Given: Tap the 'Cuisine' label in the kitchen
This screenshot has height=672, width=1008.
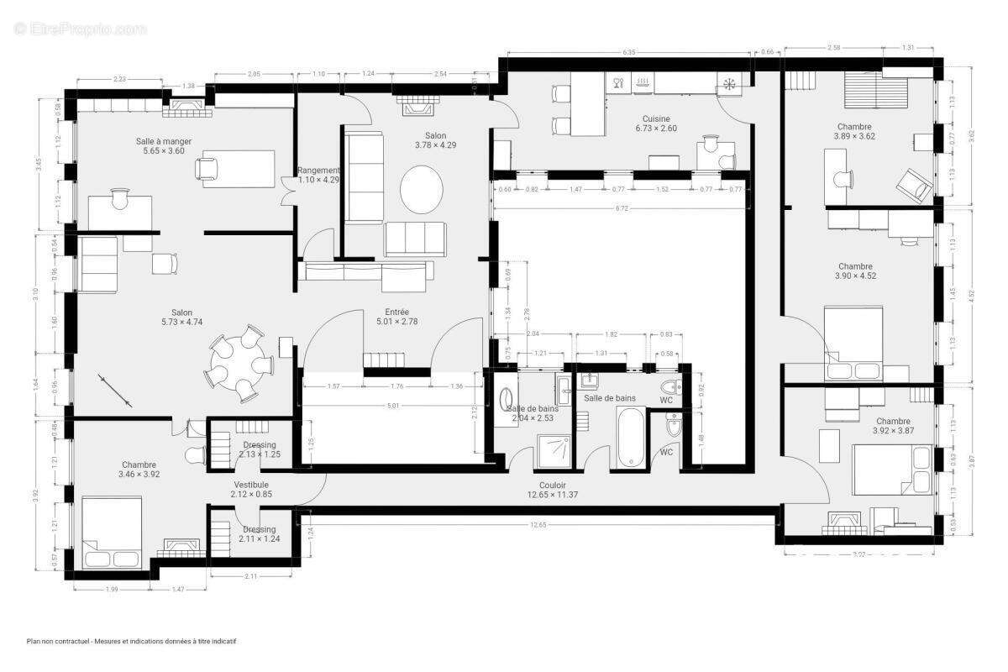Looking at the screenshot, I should [655, 118].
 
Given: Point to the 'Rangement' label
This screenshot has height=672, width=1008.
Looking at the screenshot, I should [318, 170].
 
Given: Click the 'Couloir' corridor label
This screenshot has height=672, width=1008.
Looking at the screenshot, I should [553, 485].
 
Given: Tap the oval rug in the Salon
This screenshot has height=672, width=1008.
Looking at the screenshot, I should [421, 189].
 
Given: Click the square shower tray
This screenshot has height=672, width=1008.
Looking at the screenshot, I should [554, 450].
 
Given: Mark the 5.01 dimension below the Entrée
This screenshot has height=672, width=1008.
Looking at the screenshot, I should [392, 406].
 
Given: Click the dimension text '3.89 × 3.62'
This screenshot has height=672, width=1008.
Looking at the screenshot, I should [855, 136].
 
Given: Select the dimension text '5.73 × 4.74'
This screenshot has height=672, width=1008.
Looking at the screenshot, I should [182, 322].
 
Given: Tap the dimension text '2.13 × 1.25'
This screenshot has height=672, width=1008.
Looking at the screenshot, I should [260, 454].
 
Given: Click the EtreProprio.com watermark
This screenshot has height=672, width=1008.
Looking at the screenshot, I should [80, 29].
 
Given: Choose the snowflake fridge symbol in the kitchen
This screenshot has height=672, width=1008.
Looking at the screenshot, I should [728, 83].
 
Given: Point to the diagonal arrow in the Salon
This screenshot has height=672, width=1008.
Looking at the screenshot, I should [115, 391].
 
